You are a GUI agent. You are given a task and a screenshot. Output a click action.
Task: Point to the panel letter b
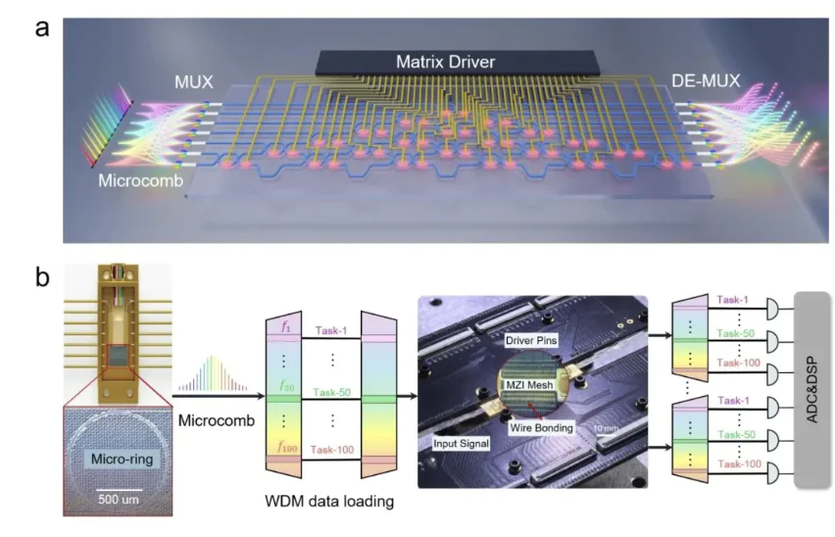pos(44,277)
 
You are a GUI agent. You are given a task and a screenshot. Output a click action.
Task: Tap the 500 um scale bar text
pos(121,498)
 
